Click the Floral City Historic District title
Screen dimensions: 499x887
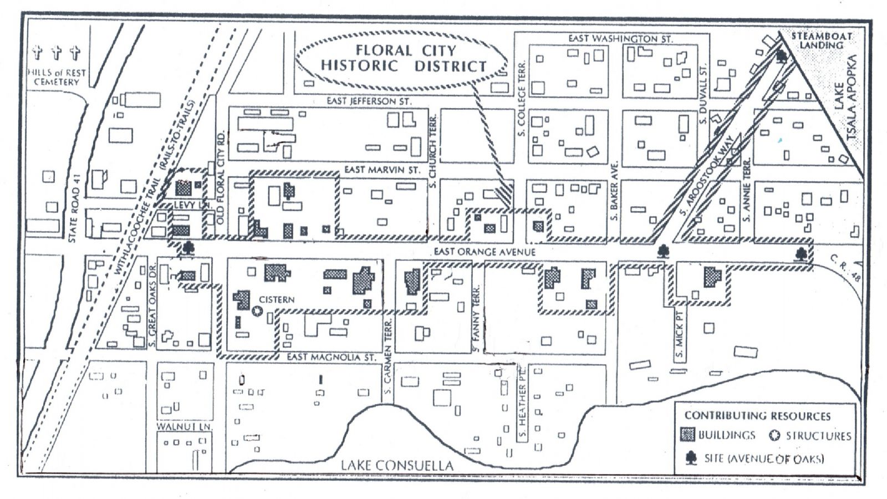403,58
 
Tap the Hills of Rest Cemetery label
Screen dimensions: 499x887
56,77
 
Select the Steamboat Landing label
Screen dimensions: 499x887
822,40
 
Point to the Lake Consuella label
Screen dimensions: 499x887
396,465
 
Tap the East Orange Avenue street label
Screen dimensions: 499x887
485,252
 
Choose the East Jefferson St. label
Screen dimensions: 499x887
369,101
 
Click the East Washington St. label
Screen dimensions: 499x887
620,39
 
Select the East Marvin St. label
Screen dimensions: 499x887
383,170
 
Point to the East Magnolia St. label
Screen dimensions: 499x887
331,358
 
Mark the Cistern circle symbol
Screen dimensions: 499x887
257,311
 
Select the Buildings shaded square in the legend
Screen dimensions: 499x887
688,435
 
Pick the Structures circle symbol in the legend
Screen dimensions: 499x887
775,436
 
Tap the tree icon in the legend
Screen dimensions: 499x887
691,458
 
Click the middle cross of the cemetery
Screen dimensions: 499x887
56,53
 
